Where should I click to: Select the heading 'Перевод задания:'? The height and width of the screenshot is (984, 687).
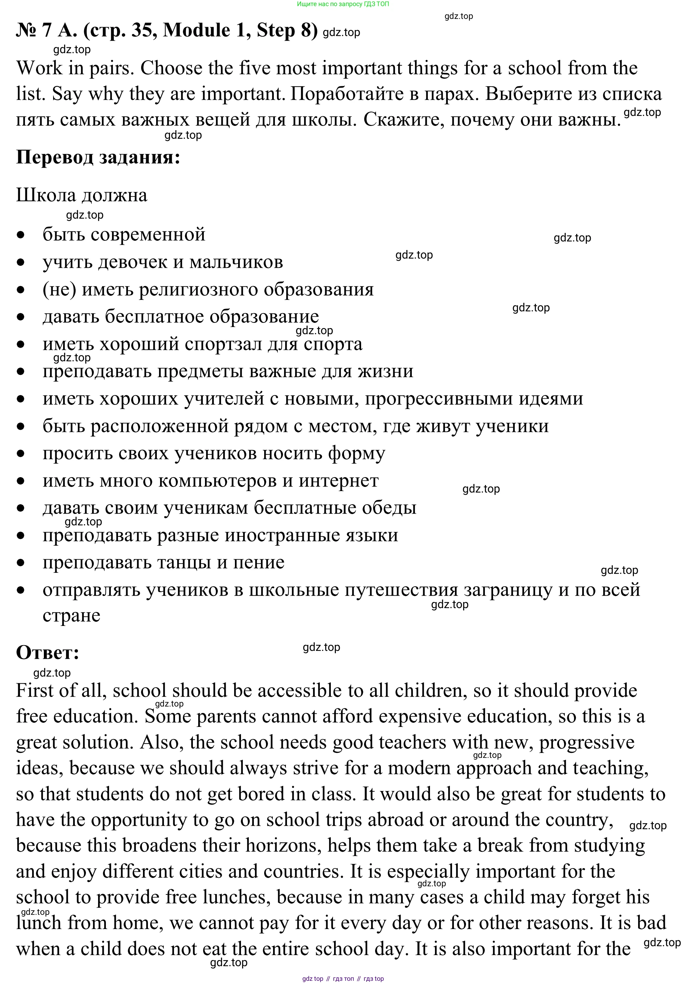point(98,157)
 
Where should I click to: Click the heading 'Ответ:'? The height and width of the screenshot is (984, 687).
point(47,652)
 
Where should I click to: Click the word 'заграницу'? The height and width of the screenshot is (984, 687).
point(508,590)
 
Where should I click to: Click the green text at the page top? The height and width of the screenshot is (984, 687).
point(343,4)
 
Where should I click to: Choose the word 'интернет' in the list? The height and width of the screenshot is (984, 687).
point(338,481)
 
